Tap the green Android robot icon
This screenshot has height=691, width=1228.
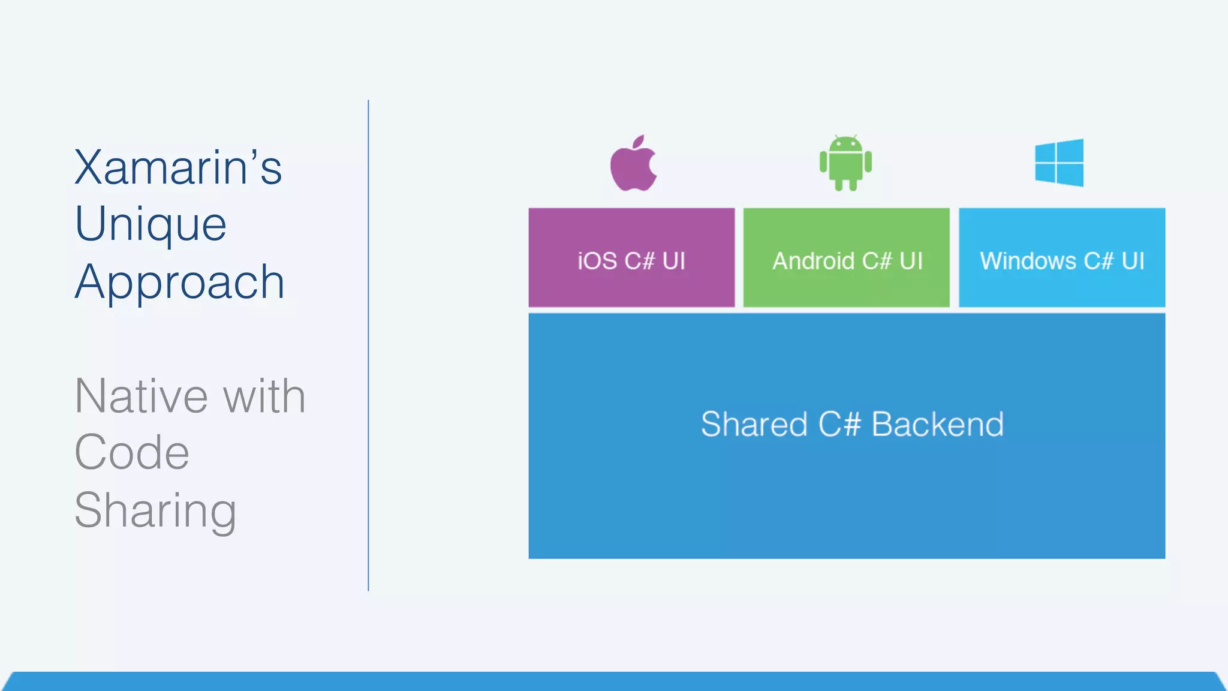[845, 163]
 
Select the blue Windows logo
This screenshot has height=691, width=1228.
[1059, 163]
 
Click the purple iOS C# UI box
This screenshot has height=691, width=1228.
[631, 288]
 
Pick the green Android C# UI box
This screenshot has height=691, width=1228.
[846, 288]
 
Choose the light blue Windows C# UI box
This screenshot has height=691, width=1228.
[1062, 288]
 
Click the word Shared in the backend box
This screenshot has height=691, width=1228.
[754, 425]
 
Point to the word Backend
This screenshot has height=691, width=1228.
[937, 425]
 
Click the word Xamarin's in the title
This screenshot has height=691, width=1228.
[178, 167]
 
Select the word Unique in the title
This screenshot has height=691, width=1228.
[151, 224]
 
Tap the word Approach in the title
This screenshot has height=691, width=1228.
[179, 283]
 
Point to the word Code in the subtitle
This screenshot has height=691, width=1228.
[132, 453]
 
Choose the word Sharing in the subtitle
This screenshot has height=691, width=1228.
[155, 510]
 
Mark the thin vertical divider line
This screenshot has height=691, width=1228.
[368, 345]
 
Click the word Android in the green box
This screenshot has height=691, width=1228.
[813, 262]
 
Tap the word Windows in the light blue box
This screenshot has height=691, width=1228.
[1028, 262]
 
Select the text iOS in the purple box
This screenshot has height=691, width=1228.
[597, 262]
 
